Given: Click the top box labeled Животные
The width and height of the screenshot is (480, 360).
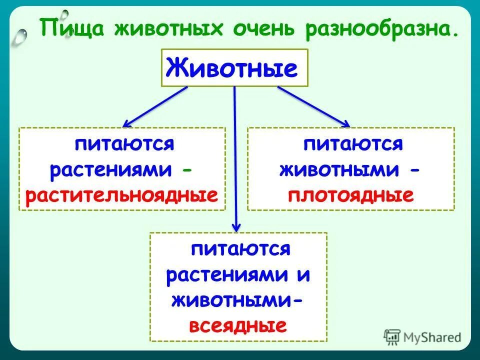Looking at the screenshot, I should tap(234, 67).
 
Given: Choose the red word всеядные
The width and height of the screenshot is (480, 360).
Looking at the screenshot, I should tap(238, 326).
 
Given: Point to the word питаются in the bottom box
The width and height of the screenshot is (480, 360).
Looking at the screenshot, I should tap(239, 249).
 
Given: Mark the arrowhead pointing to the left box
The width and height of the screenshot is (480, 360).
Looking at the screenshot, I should tap(126, 123).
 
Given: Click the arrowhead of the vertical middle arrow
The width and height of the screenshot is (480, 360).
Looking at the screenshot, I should tap(236, 227).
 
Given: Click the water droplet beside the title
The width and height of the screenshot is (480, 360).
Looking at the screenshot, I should tap(21, 35).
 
